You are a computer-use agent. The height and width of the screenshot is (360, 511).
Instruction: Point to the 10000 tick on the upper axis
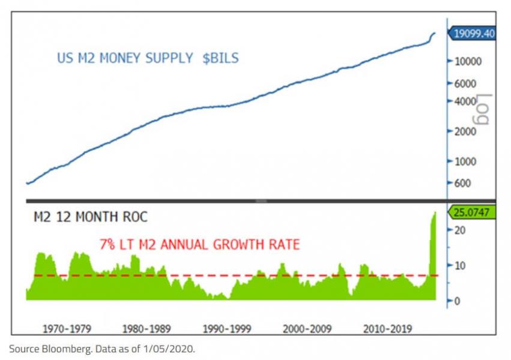[467, 61]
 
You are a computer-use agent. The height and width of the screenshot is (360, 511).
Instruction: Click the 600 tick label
[462, 184]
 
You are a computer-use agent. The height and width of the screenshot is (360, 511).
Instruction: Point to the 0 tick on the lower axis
[456, 301]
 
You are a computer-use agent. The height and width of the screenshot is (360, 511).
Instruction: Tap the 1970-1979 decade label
[67, 329]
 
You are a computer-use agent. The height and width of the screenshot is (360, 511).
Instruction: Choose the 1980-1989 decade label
[146, 329]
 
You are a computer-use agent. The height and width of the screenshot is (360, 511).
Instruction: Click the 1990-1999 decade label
[227, 329]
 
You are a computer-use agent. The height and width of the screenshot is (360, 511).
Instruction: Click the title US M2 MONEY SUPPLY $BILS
[148, 58]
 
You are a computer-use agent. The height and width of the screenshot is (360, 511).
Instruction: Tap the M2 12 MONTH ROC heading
[90, 217]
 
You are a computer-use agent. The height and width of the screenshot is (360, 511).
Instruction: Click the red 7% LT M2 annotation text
[199, 244]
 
